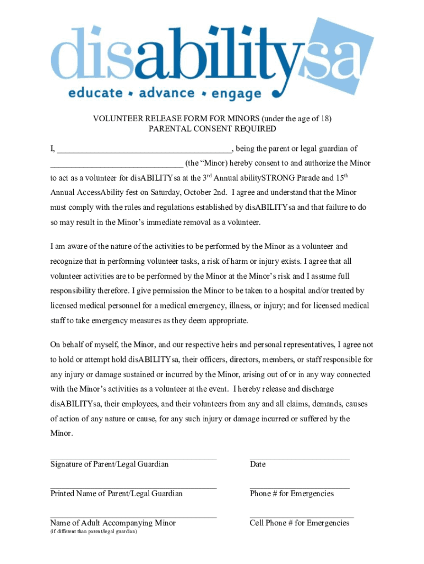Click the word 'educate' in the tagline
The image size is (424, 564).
click(95, 93)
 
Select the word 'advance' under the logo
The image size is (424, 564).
click(166, 93)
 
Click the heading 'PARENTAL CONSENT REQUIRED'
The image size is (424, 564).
click(212, 129)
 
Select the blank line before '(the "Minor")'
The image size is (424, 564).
click(117, 164)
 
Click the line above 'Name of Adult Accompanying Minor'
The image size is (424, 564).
click(133, 517)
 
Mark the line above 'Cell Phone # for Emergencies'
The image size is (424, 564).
click(301, 517)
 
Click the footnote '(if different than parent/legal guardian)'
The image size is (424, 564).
click(94, 532)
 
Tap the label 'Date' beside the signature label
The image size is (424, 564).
click(257, 464)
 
